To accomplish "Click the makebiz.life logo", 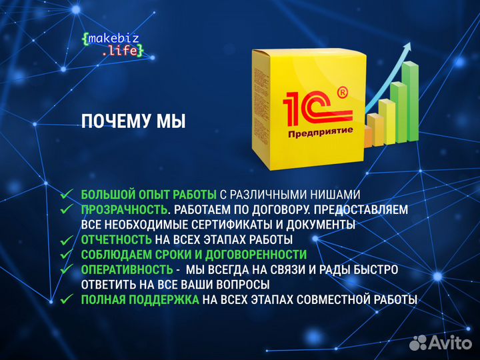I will [111, 45].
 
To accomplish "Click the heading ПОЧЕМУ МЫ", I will [133, 121].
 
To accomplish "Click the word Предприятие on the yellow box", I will [320, 133].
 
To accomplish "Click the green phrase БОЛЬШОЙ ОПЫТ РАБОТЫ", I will [149, 195].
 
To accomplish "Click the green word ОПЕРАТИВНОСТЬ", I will [127, 269].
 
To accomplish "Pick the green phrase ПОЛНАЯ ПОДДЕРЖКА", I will [140, 299].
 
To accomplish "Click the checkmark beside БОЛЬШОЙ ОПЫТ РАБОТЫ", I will [67, 194].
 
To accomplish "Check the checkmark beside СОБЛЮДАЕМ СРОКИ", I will [67, 254].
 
